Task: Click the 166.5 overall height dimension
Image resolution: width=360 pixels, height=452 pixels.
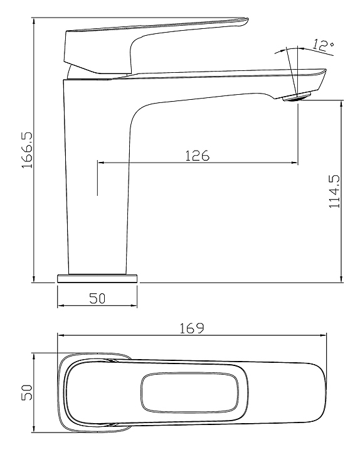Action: click(28, 150)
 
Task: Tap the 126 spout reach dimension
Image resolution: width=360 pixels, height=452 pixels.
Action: click(198, 156)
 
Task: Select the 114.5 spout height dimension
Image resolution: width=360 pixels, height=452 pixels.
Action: click(334, 191)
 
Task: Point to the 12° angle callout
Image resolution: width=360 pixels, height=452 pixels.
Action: click(323, 45)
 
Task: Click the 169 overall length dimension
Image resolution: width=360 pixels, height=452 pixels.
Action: click(192, 328)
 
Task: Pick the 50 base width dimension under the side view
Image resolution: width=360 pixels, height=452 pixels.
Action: click(97, 298)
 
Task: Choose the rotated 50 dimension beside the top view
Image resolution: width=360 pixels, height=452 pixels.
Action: click(27, 392)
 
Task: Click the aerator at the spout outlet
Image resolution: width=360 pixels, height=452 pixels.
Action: click(297, 96)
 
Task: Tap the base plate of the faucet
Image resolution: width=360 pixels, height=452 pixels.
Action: click(97, 279)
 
